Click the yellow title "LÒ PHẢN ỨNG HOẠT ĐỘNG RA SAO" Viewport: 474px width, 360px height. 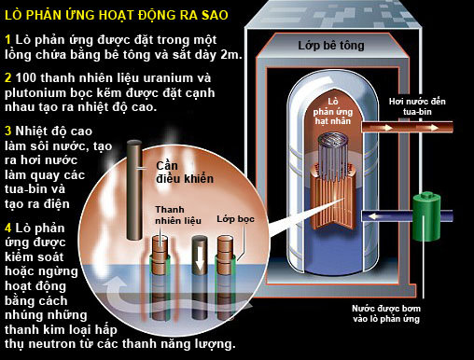(117, 15)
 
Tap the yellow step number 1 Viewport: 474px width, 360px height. (8, 40)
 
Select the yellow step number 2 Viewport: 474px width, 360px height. (8, 77)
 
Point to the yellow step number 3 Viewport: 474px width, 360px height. (8, 131)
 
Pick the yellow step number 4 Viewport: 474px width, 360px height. (8, 228)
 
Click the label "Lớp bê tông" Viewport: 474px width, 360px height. (331, 46)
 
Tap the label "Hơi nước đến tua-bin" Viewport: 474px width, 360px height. (417, 106)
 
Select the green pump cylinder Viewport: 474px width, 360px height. (426, 216)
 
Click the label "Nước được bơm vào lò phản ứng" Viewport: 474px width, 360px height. (386, 313)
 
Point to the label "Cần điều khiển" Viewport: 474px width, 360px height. (185, 173)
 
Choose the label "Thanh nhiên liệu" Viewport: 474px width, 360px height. (178, 215)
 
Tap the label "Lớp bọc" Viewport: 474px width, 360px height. (235, 219)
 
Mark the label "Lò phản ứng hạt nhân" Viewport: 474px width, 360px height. (332, 111)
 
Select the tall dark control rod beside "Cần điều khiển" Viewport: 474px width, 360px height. (134, 190)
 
